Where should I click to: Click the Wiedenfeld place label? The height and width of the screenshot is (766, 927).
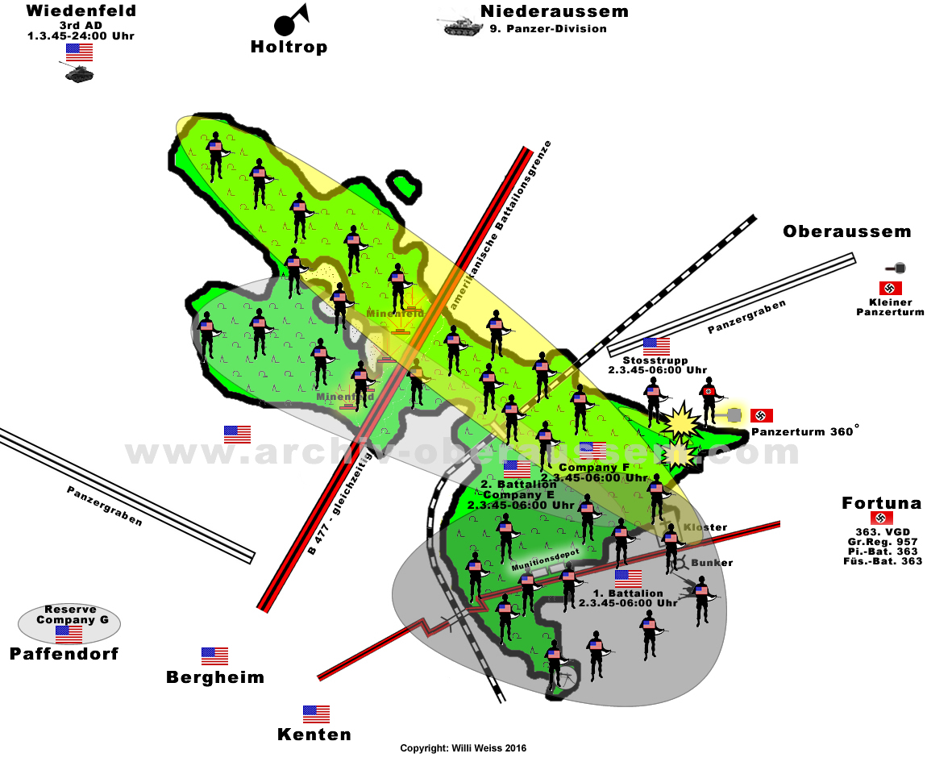[x=81, y=11]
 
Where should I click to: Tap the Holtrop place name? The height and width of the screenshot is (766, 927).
[x=289, y=47]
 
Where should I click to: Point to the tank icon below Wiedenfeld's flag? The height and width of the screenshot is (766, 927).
[x=80, y=73]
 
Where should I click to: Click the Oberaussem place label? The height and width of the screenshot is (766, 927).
[x=847, y=232]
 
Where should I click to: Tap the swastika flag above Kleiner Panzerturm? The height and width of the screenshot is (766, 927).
[x=890, y=288]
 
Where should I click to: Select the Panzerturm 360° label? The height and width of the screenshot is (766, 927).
[x=804, y=432]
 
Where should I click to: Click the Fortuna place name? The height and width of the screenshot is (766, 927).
[x=881, y=503]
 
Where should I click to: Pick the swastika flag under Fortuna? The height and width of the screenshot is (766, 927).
[x=881, y=518]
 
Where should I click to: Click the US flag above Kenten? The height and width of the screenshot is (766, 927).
[x=316, y=714]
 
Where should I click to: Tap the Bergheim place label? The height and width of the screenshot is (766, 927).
[x=215, y=677]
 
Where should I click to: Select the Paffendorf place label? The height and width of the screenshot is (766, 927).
[x=64, y=653]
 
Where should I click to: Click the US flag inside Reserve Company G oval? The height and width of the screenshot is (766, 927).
[x=69, y=634]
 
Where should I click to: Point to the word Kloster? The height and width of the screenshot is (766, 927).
[x=705, y=527]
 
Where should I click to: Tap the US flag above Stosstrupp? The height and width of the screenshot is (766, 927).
[x=656, y=346]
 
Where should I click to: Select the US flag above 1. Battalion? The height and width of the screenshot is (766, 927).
[x=628, y=578]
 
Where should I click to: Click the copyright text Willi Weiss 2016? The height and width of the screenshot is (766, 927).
[x=463, y=749]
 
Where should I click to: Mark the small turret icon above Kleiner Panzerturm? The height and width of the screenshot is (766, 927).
[x=897, y=268]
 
